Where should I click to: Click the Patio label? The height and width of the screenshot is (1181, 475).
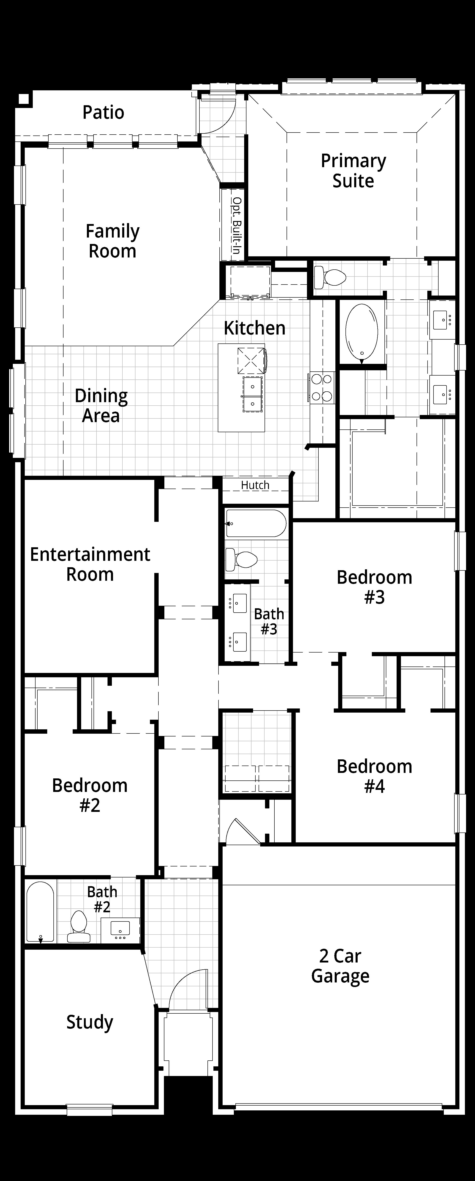[103, 112]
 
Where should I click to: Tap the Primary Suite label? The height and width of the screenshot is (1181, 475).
[353, 171]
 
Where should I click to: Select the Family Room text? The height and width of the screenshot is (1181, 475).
[112, 241]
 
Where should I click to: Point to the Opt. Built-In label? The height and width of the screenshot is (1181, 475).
[237, 226]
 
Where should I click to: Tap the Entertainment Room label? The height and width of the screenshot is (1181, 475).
[90, 564]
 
